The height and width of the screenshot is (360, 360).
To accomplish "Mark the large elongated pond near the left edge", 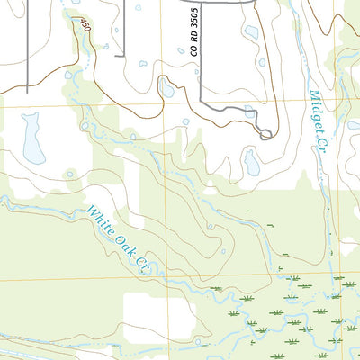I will coord(33,139).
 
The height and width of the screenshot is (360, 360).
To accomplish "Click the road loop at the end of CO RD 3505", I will coord(265,134).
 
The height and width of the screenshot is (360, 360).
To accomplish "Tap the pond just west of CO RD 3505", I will coord(166,87).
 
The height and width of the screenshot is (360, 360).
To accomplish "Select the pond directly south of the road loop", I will coord(252,163).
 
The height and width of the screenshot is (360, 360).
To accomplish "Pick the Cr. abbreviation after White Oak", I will coord(141,265).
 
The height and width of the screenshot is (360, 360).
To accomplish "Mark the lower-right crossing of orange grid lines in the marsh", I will coord(334,275).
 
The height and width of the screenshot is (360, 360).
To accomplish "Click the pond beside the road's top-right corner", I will coord(251,32).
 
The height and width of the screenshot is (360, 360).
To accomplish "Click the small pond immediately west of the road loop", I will coord(249,112).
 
